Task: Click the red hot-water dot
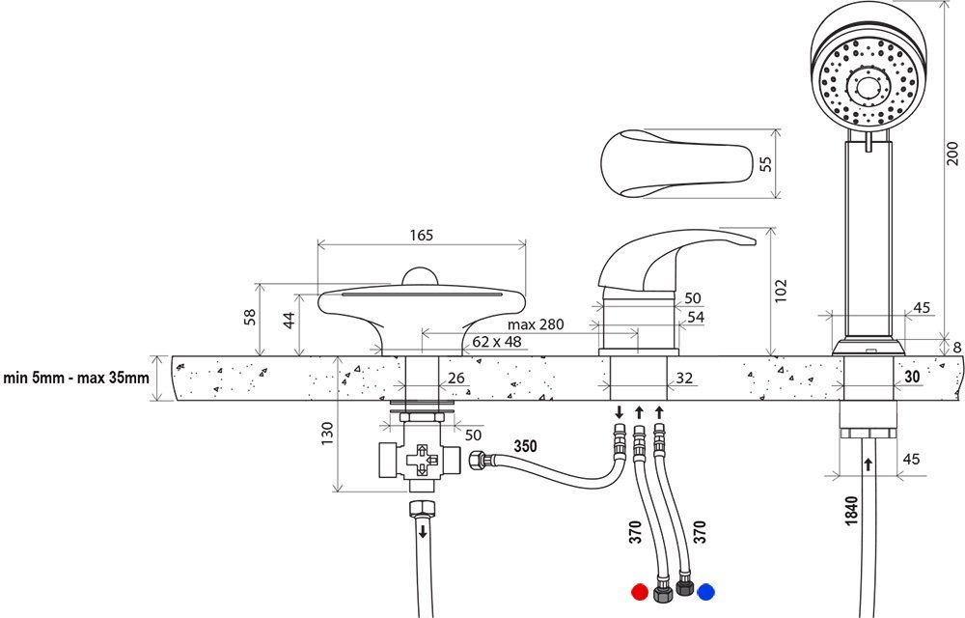coord(637,592)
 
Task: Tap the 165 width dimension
coord(422,235)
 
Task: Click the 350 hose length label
coord(525,446)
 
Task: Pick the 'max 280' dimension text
coord(536,323)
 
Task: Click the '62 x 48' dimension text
coord(498,342)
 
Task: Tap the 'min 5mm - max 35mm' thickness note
coord(76,378)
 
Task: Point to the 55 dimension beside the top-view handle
coord(766,163)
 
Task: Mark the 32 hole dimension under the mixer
coord(684,379)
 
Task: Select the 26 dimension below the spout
coord(457,378)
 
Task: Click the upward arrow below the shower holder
coord(868,464)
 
